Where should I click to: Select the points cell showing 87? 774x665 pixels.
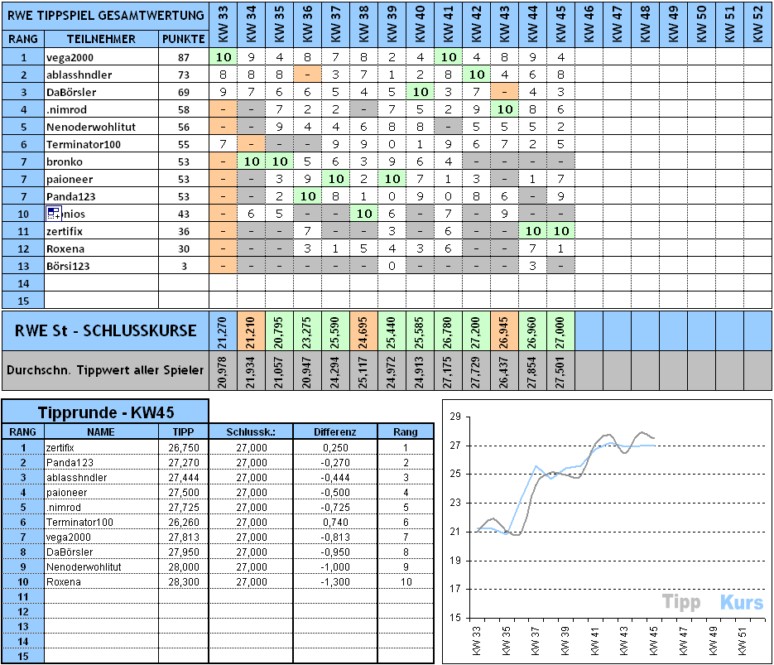click(183, 57)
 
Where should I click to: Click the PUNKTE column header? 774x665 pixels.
click(183, 39)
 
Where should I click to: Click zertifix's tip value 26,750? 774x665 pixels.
click(183, 447)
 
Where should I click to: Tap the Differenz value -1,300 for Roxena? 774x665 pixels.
click(335, 581)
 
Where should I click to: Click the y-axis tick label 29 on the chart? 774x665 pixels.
click(453, 417)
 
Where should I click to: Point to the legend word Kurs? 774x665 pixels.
click(741, 603)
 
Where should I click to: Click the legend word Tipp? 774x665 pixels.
click(680, 603)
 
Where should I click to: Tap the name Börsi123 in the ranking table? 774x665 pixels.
click(68, 266)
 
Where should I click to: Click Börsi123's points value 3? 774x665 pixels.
click(183, 266)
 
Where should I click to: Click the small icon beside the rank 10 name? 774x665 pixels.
click(55, 214)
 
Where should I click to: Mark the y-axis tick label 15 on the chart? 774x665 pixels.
click(453, 618)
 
